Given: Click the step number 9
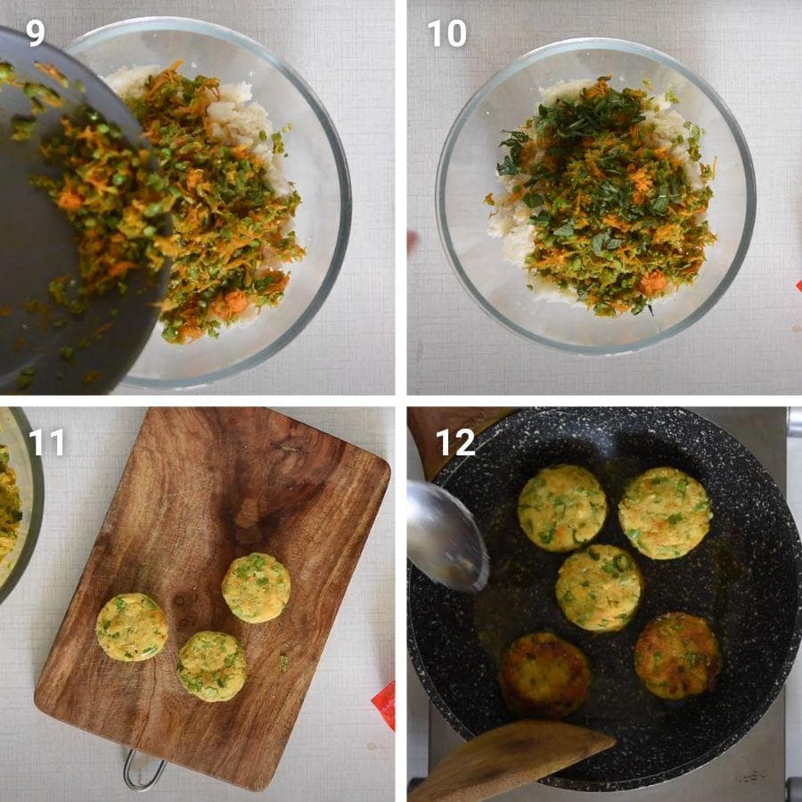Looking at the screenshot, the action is (36, 33).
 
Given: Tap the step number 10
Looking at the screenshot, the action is (446, 34).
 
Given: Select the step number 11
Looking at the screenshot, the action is (46, 442).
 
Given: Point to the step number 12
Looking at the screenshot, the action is (455, 442).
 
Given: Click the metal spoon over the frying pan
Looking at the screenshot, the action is (446, 535).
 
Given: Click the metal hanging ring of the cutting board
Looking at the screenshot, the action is (143, 771).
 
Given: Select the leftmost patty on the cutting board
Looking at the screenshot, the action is (132, 627).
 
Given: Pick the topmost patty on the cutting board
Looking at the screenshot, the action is (257, 588).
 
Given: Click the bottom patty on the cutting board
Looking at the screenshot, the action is (212, 666).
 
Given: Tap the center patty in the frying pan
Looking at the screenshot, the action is (599, 588).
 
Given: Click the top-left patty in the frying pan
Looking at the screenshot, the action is (562, 508).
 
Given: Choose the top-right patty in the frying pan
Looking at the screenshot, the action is (665, 512).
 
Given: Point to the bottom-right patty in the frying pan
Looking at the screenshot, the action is (678, 656).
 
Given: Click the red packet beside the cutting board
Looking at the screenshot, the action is (383, 705).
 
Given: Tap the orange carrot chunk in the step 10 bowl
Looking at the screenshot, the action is (653, 282).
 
